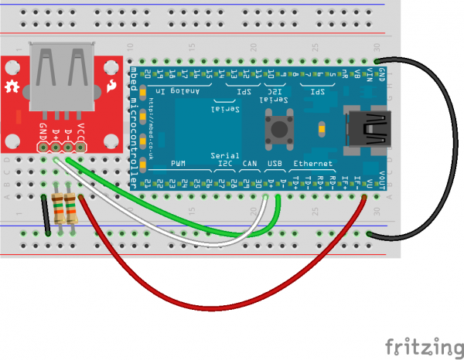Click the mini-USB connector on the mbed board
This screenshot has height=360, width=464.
369,128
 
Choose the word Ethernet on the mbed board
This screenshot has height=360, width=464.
314,164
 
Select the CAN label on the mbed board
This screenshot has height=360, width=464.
249,164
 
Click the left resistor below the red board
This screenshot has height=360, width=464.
58,209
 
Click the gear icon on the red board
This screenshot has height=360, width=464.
12,87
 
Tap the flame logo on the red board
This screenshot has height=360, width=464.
113,87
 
